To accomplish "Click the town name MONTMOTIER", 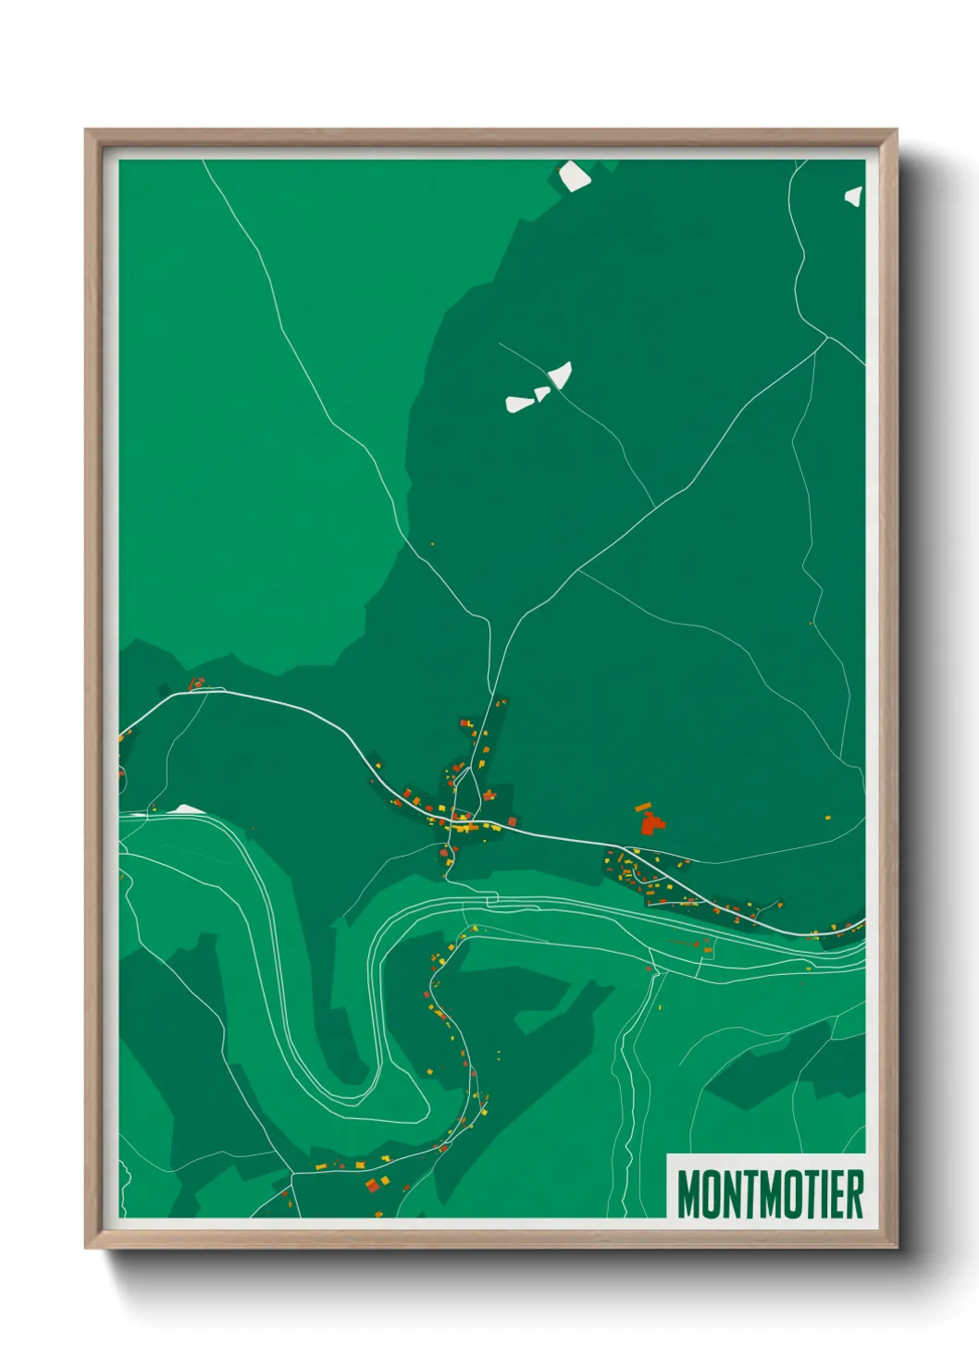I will coord(770,1194).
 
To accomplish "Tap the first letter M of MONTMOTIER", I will coord(688,1194).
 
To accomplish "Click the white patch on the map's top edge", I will coord(574,175).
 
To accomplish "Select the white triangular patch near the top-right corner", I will coord(854,195).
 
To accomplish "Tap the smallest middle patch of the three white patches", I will coord(542,393).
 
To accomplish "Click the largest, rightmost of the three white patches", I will coord(561,375).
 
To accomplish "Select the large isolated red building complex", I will coord(653,822).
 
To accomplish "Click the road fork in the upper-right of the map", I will coord(825,338).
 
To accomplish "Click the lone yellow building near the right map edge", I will coord(828,817).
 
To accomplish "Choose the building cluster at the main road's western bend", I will coord(196,684).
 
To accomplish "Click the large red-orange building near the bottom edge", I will coord(372,1185).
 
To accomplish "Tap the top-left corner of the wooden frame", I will coord(87,131).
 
